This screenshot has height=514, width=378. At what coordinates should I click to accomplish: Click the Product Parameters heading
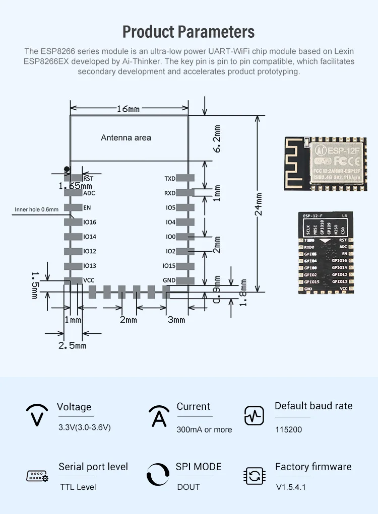tap(188, 32)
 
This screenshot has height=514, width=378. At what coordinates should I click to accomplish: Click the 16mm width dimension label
tap(128, 109)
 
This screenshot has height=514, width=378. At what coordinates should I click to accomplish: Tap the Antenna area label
tap(126, 137)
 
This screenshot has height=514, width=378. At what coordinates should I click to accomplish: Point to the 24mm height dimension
tap(259, 204)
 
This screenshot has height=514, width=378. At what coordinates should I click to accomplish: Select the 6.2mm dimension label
tap(217, 139)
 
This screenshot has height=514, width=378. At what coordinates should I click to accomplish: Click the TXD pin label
tap(170, 179)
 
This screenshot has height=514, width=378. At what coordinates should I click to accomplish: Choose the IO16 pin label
tap(90, 222)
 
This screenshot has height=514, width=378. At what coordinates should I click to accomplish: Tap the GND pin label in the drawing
tap(169, 280)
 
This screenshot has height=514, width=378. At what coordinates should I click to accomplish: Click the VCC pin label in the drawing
tap(89, 280)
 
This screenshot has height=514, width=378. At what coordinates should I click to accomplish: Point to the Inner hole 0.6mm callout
tap(37, 209)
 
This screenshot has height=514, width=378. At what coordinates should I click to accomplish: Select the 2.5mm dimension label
tap(73, 345)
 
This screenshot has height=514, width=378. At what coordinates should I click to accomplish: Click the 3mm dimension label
tap(176, 320)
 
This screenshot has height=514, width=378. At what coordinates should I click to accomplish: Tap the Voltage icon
tap(37, 416)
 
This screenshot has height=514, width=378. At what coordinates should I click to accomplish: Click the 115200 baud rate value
tap(288, 430)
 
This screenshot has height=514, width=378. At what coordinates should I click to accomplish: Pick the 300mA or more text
tap(204, 430)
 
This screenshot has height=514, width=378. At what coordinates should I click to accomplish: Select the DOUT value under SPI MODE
tap(188, 487)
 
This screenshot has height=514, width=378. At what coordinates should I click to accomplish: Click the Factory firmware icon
tap(254, 475)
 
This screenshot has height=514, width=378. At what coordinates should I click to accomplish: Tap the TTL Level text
tap(78, 487)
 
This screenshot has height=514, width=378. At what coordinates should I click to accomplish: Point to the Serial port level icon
tap(37, 476)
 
